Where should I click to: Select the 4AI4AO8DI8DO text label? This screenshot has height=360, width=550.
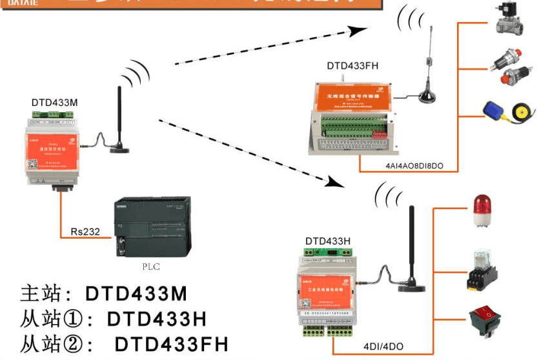[x=409, y=166]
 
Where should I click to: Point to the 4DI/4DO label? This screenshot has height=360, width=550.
[x=383, y=346]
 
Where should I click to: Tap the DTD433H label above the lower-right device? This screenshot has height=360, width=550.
[x=327, y=241]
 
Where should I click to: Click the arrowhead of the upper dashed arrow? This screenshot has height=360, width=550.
[x=359, y=29]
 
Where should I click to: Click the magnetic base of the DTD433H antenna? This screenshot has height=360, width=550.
[x=411, y=283]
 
